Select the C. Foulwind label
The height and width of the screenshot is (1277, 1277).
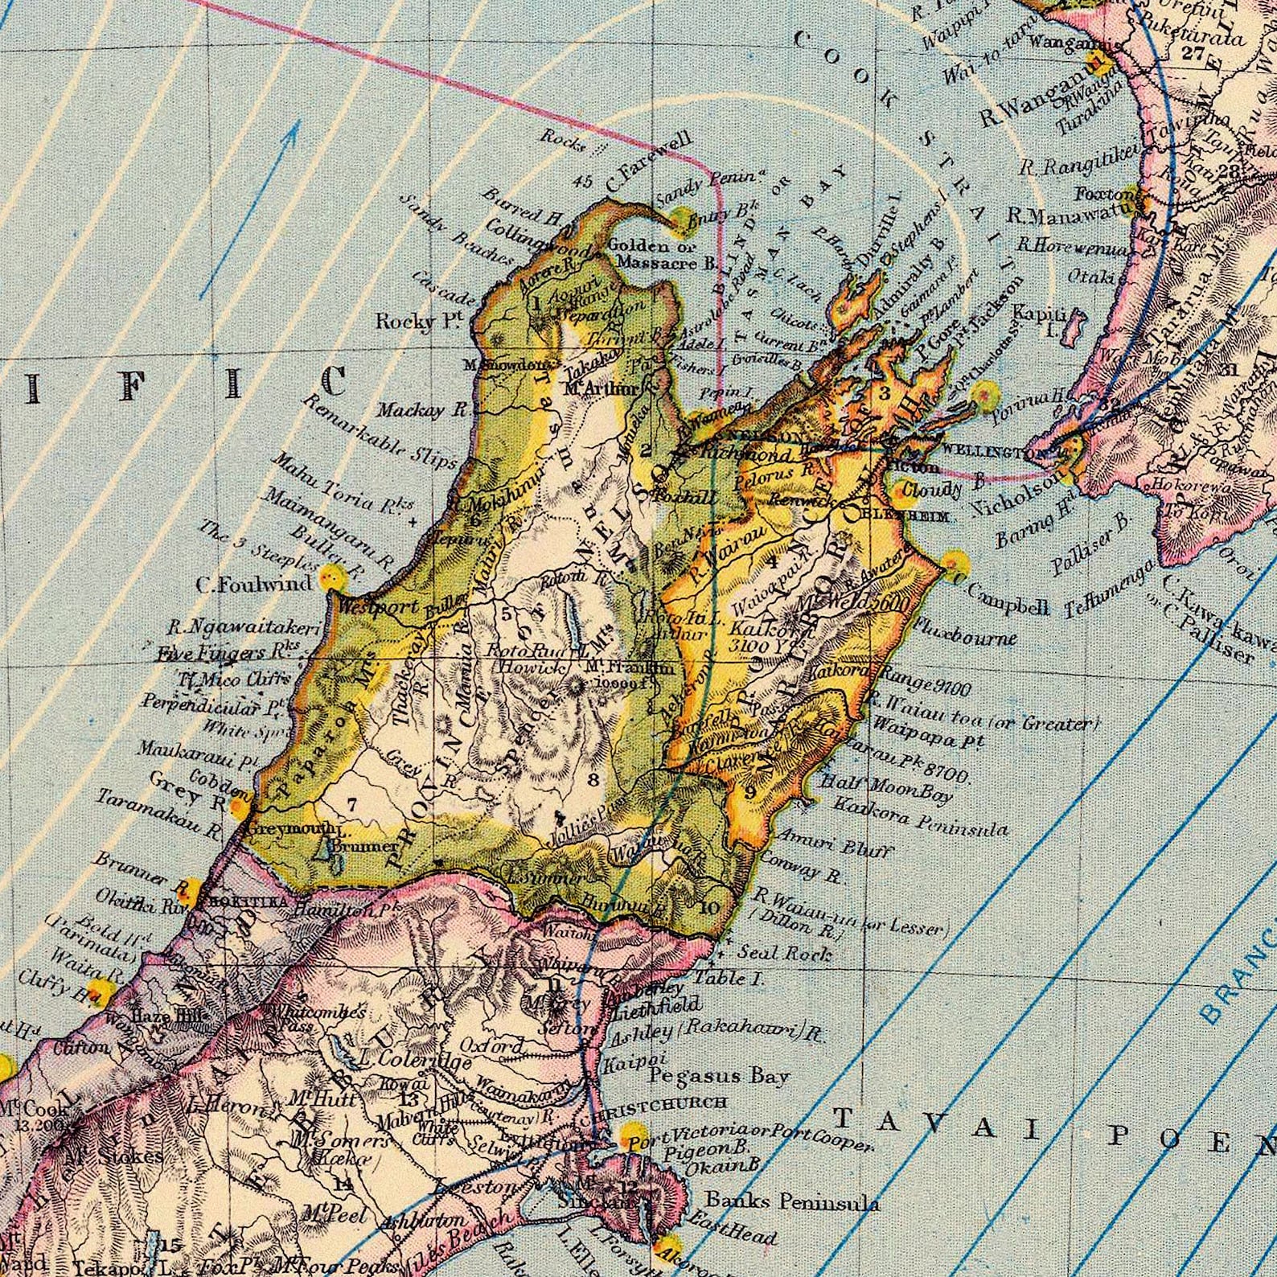[x=242, y=585]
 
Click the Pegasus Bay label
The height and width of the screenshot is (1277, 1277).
[x=720, y=1075]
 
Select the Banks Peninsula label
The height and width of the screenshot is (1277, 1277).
[x=792, y=1202]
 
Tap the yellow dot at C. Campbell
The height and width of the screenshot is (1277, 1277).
[x=954, y=562]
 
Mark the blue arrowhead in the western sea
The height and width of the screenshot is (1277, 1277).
[x=293, y=130]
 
